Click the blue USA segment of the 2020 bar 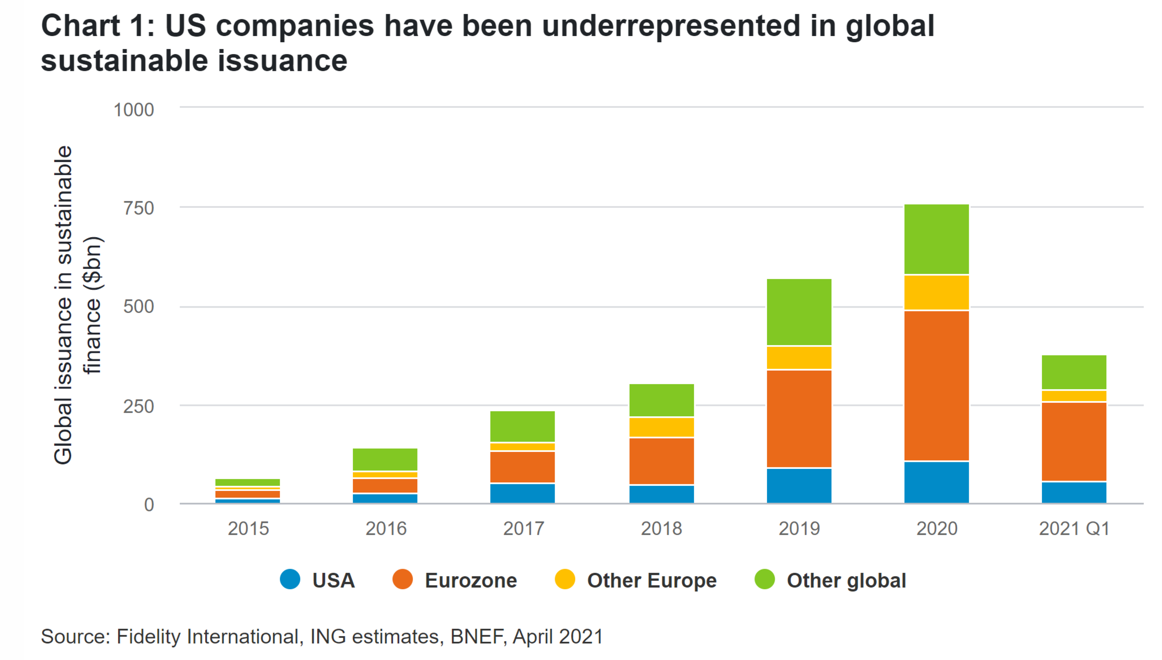click(x=936, y=482)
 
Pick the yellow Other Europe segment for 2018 click(x=661, y=427)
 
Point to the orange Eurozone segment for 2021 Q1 click(x=1074, y=441)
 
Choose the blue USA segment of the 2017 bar click(x=522, y=493)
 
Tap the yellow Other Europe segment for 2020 click(x=936, y=292)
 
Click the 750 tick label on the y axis click(x=138, y=209)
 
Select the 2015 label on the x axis click(x=248, y=528)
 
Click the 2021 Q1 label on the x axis click(x=1074, y=528)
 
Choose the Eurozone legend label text click(x=471, y=580)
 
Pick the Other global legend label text click(x=846, y=580)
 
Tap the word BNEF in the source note click(x=477, y=636)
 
